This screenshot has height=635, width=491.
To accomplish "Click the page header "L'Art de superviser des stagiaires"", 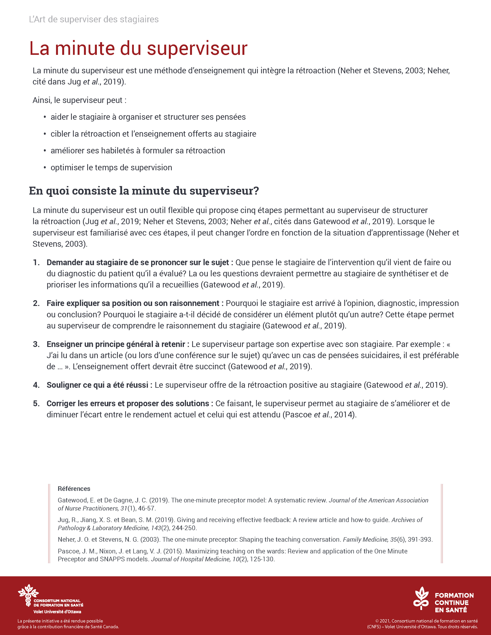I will pos(94,19).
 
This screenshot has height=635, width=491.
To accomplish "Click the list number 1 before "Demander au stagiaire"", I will pos(36,262).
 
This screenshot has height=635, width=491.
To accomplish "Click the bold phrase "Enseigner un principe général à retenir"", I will pos(117,344).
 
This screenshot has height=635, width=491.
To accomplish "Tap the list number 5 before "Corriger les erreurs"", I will pos(36,404).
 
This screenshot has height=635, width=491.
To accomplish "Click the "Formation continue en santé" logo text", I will pos(454,603).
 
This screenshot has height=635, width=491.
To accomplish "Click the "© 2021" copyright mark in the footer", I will pos(383,621).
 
